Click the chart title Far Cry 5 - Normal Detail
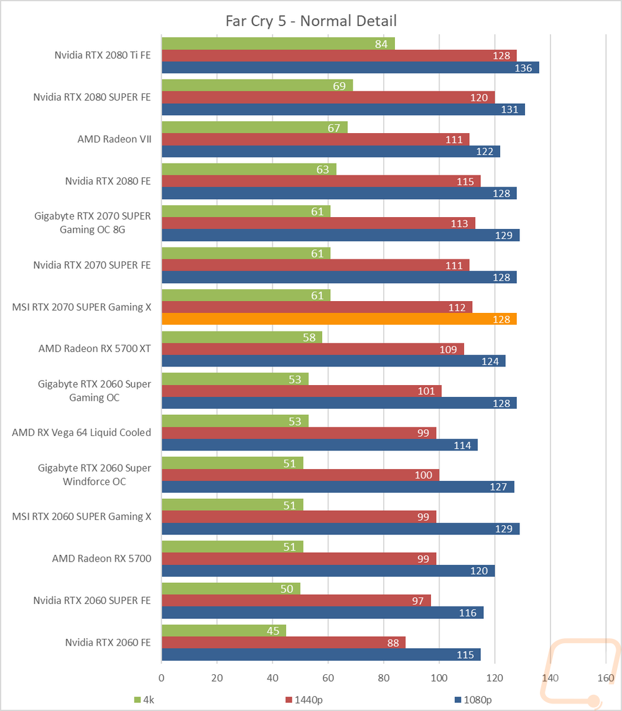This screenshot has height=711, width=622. [x=310, y=21]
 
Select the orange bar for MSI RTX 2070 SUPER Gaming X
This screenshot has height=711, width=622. [x=339, y=319]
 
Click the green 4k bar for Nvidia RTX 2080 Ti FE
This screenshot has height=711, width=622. [x=278, y=44]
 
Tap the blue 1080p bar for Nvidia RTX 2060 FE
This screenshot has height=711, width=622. [x=321, y=654]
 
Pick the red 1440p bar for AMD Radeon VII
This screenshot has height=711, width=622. [x=315, y=139]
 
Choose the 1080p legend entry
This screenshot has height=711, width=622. [x=475, y=700]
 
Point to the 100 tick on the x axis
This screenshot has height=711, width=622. [x=439, y=678]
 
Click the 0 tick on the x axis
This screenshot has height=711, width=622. [x=162, y=678]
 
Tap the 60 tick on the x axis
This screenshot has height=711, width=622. [x=328, y=678]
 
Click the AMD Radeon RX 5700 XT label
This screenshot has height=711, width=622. [x=95, y=348]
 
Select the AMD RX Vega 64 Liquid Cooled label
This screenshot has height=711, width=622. [x=81, y=432]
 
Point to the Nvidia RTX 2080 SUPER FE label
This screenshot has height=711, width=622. [x=92, y=97]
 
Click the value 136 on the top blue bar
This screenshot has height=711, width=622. [x=524, y=68]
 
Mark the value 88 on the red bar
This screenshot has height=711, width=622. [x=394, y=643]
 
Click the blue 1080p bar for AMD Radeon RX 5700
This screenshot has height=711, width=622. [x=328, y=570]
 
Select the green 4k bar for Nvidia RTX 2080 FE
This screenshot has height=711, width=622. [x=249, y=169]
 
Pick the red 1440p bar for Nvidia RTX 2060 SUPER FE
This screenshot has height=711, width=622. [x=296, y=600]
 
